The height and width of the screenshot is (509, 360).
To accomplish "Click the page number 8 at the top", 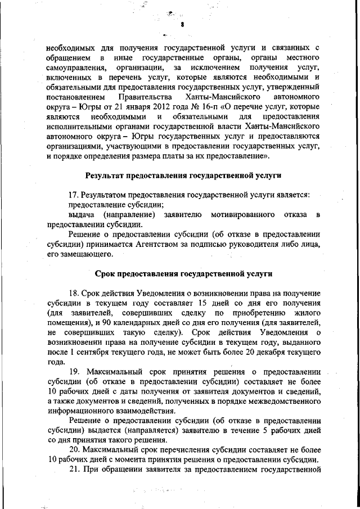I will point(183,25).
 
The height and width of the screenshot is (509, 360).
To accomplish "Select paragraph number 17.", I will point(73,195).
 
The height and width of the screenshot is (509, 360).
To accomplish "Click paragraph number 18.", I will point(74,294).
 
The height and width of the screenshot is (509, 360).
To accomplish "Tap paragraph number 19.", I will point(74,372).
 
